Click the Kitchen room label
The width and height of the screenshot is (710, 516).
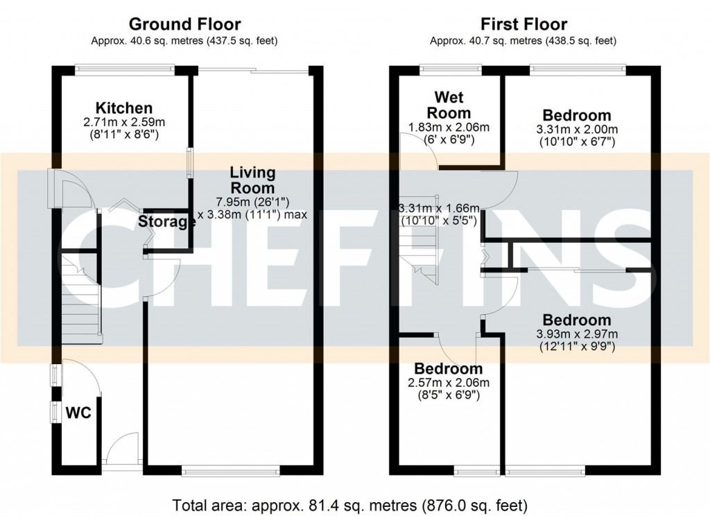click(123, 108)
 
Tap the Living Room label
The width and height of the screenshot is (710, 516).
click(252, 180)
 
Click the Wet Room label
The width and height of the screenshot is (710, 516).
click(448, 105)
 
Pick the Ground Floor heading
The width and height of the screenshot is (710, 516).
click(184, 25)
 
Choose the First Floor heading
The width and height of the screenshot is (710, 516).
click(523, 25)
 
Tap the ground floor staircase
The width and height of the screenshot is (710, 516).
click(80, 298)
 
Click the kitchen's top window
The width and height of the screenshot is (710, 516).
click(125, 68)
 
